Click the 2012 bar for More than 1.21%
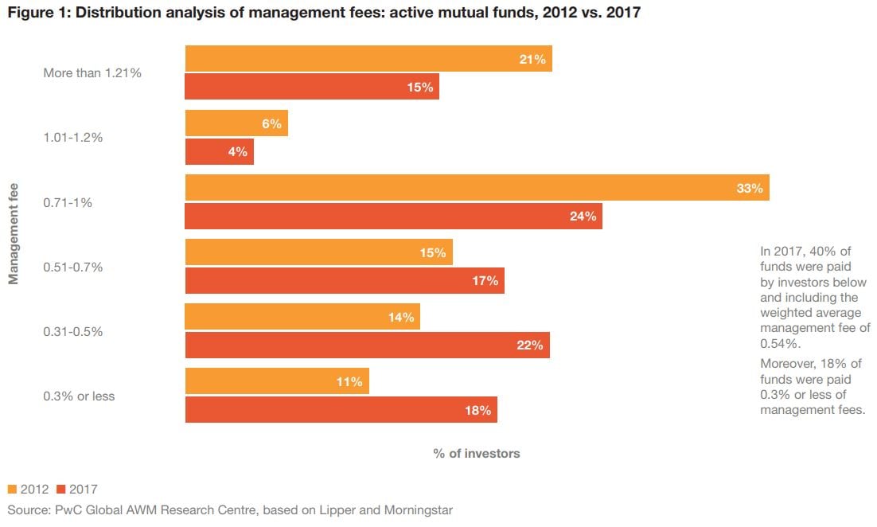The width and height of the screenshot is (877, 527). [368, 59]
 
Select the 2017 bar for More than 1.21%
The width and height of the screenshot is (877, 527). [312, 87]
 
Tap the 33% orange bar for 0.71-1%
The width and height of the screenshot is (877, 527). [477, 188]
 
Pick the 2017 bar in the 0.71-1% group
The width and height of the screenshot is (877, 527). [394, 216]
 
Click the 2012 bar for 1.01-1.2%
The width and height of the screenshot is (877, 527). [236, 123]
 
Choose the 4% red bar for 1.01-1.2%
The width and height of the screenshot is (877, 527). [220, 151]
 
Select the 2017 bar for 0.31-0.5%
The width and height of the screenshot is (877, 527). [368, 345]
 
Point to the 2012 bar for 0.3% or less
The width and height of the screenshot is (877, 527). [277, 381]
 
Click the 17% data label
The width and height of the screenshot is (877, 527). [485, 280]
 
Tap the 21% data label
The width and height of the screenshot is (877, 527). [532, 60]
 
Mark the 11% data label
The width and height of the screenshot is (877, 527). [349, 382]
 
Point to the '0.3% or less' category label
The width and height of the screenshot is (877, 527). [79, 396]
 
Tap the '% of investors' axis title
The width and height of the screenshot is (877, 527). [477, 453]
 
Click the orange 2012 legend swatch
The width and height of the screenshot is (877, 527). [13, 489]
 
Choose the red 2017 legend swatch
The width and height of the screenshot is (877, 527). [61, 489]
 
